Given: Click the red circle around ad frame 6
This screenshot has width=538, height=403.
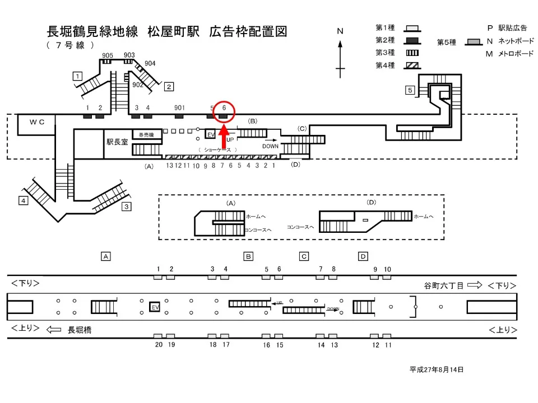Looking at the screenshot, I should click(x=224, y=111).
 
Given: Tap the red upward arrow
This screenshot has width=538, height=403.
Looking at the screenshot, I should click(x=223, y=137).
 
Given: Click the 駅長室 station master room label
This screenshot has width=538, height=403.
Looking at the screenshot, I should click(x=117, y=142).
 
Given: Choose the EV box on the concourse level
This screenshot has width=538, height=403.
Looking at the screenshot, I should click(x=211, y=135).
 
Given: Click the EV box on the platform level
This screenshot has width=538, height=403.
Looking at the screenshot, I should click(x=155, y=307).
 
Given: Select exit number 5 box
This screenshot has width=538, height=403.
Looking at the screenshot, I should click(x=410, y=90).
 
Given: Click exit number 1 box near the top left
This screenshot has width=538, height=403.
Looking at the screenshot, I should click(x=78, y=76).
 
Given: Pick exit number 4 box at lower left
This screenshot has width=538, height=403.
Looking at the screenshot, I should click(x=23, y=200).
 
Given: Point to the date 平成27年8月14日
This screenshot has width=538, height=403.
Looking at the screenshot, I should click(x=436, y=370).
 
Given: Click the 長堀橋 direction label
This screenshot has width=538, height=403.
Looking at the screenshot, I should click(x=80, y=330).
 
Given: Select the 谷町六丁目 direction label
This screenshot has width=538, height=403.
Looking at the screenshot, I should click(x=443, y=285).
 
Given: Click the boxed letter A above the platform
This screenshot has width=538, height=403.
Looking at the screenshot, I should click(x=105, y=256).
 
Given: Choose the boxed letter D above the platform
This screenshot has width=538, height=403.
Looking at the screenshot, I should click(x=363, y=256).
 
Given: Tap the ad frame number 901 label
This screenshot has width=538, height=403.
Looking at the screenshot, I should click(x=179, y=107).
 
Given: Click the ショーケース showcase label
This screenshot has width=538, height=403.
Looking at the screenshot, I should click(x=217, y=149).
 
